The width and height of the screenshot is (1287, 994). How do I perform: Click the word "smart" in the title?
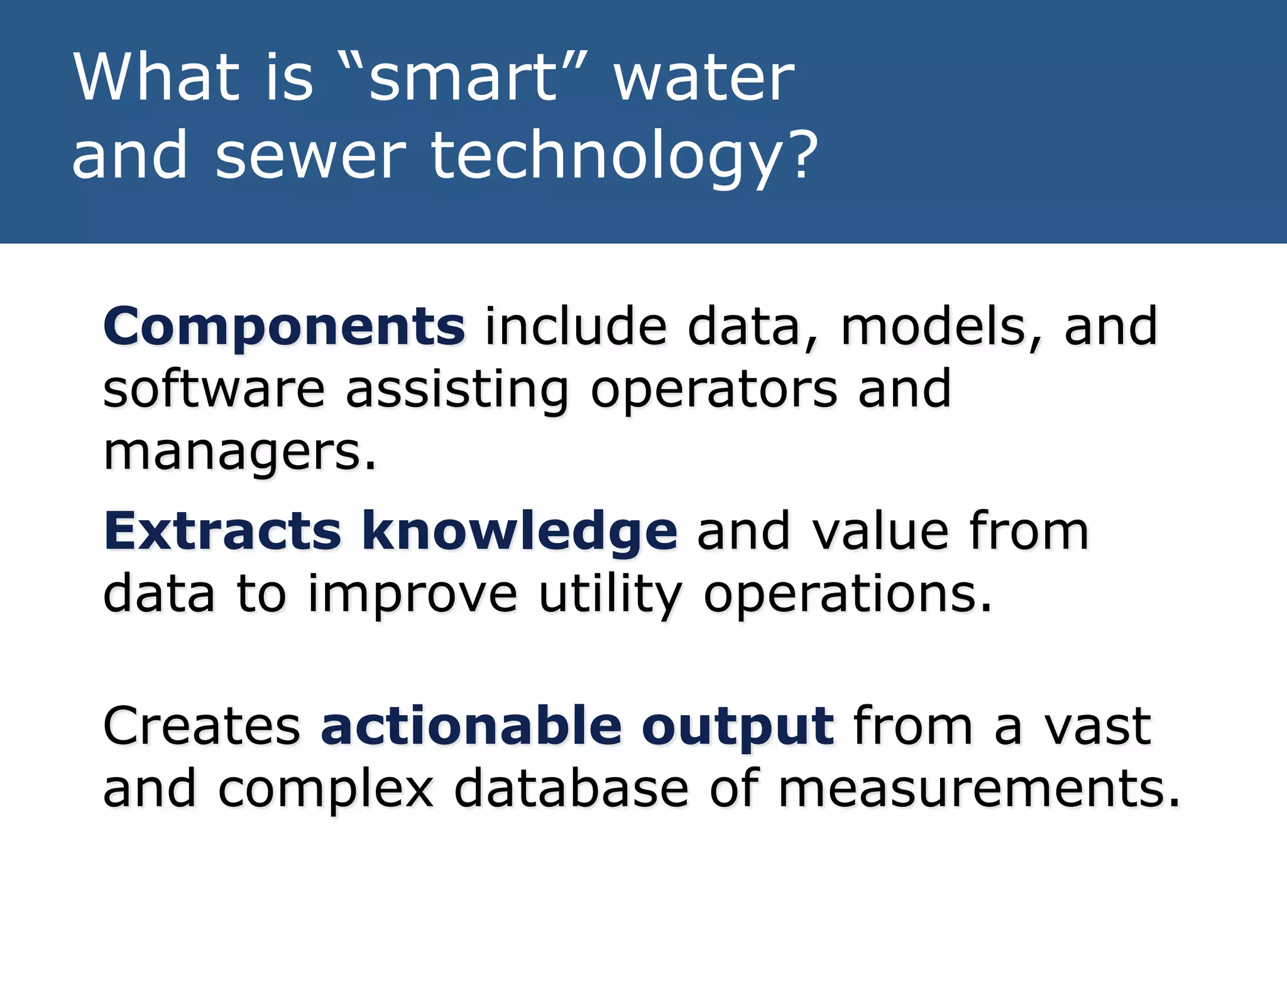pos(463,79)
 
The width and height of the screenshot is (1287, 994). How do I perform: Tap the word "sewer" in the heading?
pos(310,156)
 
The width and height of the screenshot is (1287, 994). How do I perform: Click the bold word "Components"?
pos(284,327)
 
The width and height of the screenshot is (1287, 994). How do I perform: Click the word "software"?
pos(214,389)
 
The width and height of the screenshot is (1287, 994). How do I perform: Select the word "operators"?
pos(714,390)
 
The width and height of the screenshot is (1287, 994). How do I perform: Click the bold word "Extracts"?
pos(222,532)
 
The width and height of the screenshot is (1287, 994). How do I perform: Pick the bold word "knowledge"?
pos(520,532)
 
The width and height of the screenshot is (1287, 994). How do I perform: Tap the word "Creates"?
pos(202,726)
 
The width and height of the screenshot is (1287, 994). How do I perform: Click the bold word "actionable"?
pos(471,726)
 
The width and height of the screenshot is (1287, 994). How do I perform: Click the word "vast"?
pos(1097,726)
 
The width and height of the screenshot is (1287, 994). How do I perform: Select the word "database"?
pos(571,789)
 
